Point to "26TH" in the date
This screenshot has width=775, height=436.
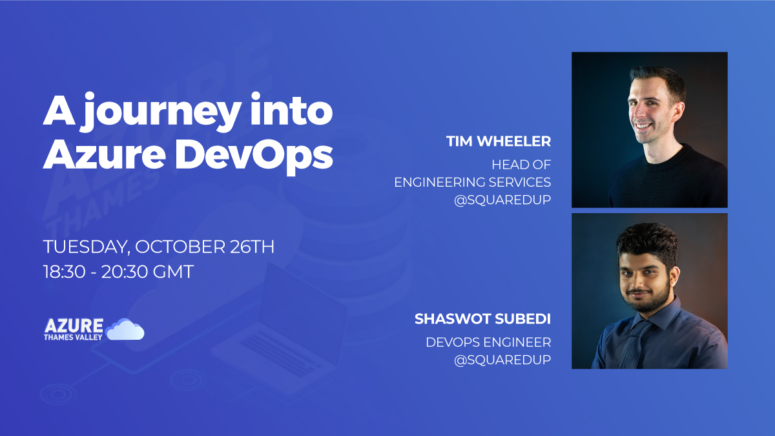click(x=252, y=246)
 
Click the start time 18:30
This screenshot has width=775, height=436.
click(x=65, y=271)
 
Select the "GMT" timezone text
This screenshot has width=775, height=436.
click(x=173, y=271)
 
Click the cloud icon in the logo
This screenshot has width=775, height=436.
click(x=125, y=329)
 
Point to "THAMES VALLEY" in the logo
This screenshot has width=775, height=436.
click(x=73, y=337)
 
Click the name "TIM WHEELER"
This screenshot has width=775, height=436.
click(x=499, y=141)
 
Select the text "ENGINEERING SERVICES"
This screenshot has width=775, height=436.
click(x=473, y=182)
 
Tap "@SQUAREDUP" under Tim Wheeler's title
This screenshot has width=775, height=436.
click(x=502, y=200)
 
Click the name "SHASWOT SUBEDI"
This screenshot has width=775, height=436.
click(x=482, y=319)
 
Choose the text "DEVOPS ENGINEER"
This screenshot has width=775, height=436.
click(x=488, y=342)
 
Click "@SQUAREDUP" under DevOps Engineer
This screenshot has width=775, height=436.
click(x=502, y=360)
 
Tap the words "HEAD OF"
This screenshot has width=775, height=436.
click(x=521, y=165)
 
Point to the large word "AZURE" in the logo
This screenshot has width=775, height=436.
click(x=74, y=326)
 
